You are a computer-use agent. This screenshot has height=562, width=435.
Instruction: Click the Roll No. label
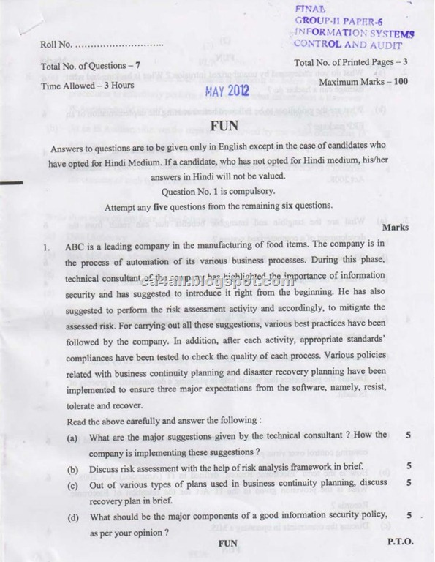[56, 45]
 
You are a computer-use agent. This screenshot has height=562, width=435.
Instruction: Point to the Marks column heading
[396, 228]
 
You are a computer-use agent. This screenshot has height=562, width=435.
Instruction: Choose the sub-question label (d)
[72, 518]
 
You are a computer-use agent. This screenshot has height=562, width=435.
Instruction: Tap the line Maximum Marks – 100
[363, 81]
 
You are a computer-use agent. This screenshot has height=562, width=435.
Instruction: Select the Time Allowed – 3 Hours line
[88, 85]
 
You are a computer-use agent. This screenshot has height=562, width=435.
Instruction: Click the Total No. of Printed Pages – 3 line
[350, 64]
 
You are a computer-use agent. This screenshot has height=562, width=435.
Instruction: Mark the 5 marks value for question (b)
[409, 465]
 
